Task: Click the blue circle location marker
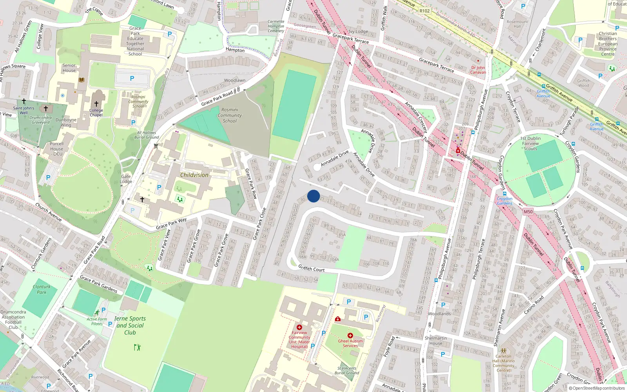tap(313, 196)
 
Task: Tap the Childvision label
tap(194, 175)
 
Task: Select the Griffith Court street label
tap(311, 269)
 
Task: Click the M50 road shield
tap(528, 212)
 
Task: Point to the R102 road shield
tap(424, 11)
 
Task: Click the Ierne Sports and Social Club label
tap(130, 325)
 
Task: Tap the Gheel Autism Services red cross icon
tap(350, 336)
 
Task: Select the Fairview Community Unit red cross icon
tap(299, 327)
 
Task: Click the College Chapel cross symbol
tap(96, 104)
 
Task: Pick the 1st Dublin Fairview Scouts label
tap(531, 143)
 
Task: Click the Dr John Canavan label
tap(478, 70)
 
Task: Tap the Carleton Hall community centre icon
tap(504, 350)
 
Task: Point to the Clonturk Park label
tap(42, 289)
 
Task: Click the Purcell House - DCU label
tap(57, 149)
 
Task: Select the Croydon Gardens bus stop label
tap(505, 201)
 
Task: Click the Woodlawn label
tap(235, 80)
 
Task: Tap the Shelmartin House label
tap(436, 341)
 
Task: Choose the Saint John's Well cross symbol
tap(24, 101)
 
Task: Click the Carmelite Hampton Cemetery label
tap(276, 26)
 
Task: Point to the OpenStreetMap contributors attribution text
tap(597, 388)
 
